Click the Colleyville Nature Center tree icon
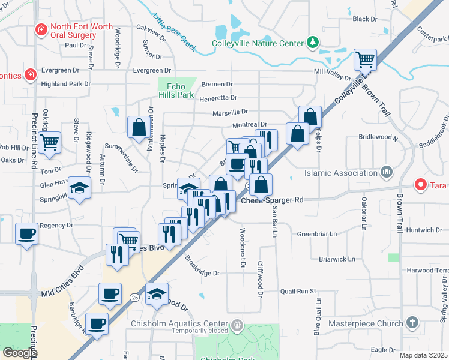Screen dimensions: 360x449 [312, 42]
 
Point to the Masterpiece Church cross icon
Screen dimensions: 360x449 [412, 323]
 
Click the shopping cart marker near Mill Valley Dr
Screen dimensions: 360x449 [365, 59]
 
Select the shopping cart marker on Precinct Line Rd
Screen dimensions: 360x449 [49, 142]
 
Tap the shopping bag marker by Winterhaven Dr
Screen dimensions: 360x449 [139, 127]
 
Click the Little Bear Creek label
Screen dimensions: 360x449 [175, 32]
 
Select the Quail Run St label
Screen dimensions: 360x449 [298, 292]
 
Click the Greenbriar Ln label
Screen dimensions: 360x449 [317, 234]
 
